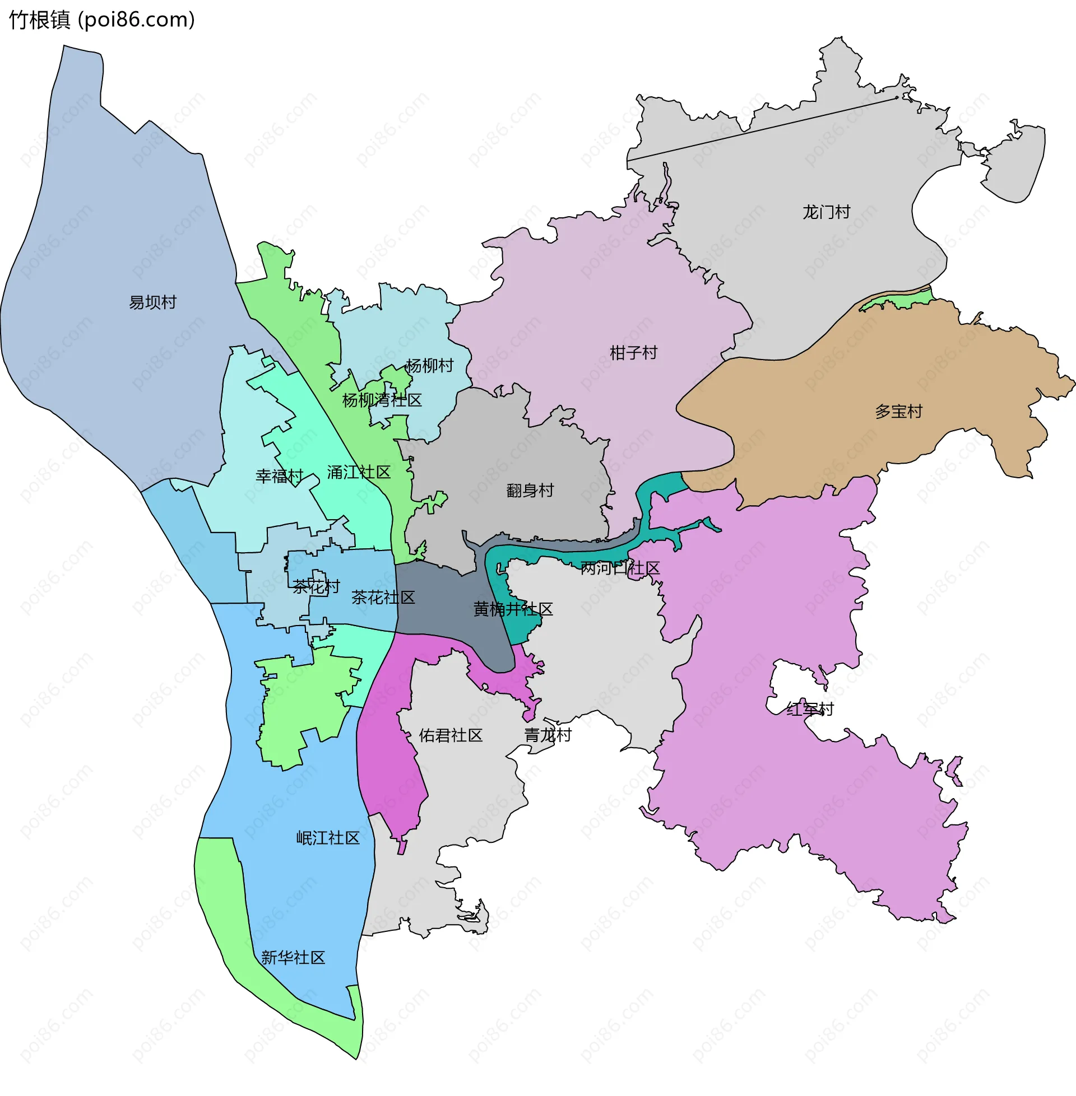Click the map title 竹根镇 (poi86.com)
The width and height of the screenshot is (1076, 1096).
[x=102, y=20]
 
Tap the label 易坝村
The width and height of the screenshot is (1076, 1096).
[x=152, y=302]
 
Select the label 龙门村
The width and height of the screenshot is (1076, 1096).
[x=826, y=212]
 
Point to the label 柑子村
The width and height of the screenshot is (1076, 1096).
[x=633, y=353]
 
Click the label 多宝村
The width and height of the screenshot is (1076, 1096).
[x=898, y=411]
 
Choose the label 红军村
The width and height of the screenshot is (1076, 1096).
[x=810, y=709]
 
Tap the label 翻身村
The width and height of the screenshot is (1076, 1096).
[x=530, y=490]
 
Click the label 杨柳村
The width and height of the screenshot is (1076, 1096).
[x=429, y=366]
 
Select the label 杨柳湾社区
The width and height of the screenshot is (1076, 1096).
[x=382, y=400]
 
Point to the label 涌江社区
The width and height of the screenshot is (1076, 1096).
[x=359, y=472]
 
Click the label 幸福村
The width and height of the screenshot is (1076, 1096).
[x=279, y=476]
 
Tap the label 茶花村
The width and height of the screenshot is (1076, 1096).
[x=317, y=587]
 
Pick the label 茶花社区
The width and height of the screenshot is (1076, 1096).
[x=383, y=598]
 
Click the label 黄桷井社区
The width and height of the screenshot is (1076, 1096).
[x=513, y=609]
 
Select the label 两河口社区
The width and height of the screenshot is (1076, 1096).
[x=620, y=568]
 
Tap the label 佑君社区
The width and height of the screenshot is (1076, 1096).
[x=451, y=735]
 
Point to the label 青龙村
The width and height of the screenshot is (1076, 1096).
[x=548, y=735]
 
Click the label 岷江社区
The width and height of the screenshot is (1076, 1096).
[x=328, y=838]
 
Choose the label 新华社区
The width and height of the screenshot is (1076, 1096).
[x=293, y=958]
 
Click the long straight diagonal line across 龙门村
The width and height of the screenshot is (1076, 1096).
[x=763, y=129]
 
